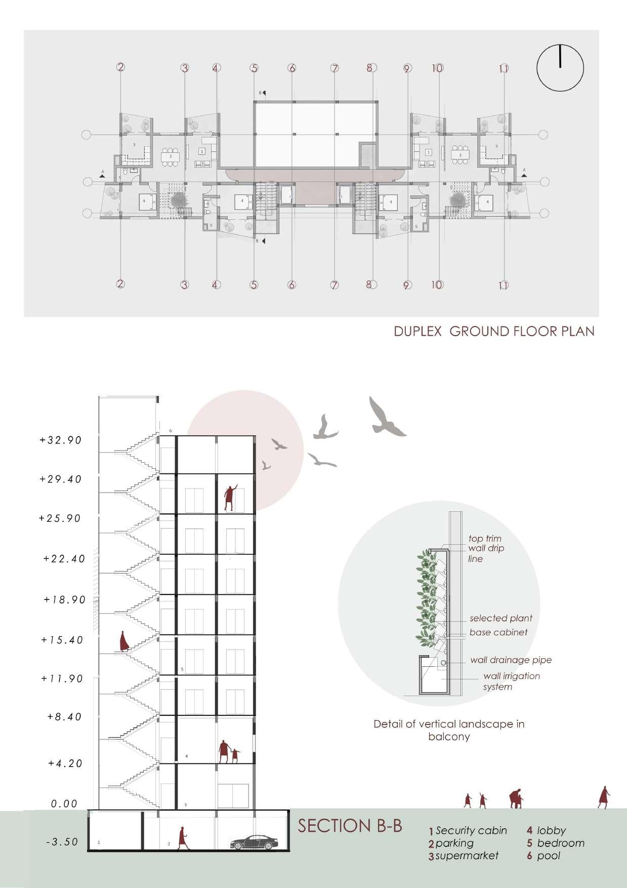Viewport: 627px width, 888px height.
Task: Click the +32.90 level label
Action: pos(61,440)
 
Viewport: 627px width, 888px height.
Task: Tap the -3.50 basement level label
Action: pos(62,842)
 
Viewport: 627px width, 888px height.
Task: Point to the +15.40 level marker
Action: pos(62,640)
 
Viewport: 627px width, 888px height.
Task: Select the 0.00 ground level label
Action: pos(64,803)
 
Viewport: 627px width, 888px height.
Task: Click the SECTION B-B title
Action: pos(350,826)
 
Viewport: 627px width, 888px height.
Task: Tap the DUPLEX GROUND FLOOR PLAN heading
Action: pos(494,332)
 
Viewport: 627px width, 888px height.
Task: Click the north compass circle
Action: pos(560,68)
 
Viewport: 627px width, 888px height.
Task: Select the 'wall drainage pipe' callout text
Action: pos(511,660)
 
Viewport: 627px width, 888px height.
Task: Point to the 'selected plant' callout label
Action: pos(500,618)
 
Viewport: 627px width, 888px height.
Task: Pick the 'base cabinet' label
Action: pos(498,632)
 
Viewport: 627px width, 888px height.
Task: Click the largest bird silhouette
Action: pos(386,417)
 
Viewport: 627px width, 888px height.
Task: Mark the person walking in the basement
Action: pos(182,838)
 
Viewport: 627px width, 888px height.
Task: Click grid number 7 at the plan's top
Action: pos(335,68)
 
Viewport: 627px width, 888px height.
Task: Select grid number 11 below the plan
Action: pos(503,285)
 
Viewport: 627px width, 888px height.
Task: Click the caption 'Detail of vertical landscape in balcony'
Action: pos(449,730)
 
